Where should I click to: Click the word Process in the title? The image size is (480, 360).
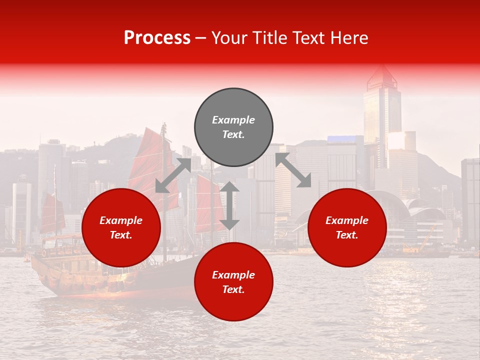coord(157,38)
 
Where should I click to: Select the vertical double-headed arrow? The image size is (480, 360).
coord(229,205)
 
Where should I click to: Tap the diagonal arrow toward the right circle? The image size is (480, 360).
coord(293,170)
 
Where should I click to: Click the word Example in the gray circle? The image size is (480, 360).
coord(233,120)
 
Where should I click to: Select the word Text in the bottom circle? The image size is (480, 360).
coord(233,290)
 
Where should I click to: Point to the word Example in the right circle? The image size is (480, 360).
coord(347,220)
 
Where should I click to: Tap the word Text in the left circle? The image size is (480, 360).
coord(120,235)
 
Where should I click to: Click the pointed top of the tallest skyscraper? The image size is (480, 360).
coord(381,72)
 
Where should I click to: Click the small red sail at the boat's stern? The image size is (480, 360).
coord(51,213)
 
